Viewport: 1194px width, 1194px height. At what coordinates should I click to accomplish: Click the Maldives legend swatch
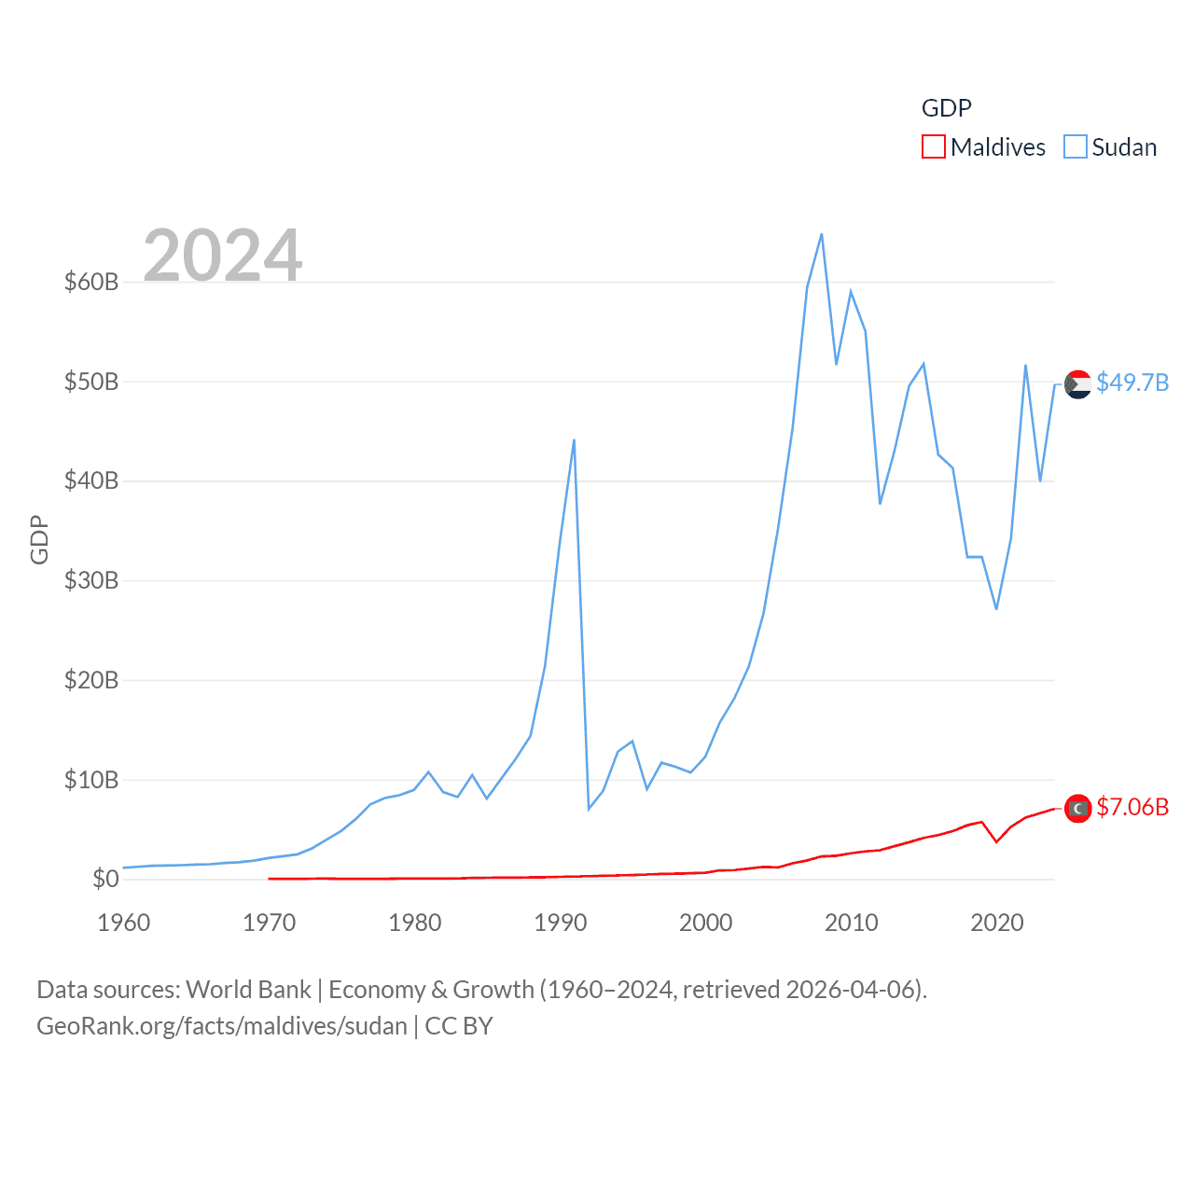[933, 147]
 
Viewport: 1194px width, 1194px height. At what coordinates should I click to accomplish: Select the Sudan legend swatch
[1075, 147]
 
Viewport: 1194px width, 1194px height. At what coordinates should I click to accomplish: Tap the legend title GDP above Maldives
[946, 108]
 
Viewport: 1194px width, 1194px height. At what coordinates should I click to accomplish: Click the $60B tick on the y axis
[91, 282]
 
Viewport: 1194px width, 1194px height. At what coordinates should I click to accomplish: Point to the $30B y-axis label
[91, 580]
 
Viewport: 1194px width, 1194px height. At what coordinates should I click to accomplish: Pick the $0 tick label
[105, 879]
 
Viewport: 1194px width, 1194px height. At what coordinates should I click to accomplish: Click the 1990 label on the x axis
[561, 923]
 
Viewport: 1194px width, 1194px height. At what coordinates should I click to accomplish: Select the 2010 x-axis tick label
[852, 923]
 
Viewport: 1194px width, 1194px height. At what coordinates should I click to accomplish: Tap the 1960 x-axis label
[124, 923]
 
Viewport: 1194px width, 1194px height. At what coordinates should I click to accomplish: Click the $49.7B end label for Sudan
[1132, 382]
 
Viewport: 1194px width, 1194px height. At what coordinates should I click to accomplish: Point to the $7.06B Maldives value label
[1132, 807]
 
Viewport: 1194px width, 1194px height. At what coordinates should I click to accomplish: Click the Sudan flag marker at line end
[1077, 383]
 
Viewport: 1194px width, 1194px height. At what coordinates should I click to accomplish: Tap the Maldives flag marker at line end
[1077, 809]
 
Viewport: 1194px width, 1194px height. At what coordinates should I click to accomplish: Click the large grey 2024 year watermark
[223, 255]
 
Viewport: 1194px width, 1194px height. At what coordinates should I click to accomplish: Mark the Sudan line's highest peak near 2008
[822, 234]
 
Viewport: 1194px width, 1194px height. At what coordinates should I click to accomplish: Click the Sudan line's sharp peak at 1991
[574, 439]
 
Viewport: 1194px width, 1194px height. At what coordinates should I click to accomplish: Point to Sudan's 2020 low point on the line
[996, 609]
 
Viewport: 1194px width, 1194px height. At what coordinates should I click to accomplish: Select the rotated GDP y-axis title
[39, 539]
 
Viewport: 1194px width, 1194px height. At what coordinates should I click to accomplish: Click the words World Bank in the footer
[248, 989]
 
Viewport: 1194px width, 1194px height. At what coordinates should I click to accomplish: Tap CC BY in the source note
[458, 1026]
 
